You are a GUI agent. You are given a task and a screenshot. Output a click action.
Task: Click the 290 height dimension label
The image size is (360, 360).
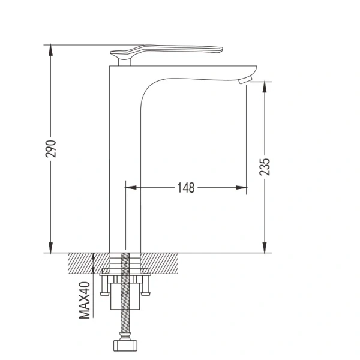50,149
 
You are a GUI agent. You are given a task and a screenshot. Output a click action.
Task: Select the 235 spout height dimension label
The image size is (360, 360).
265,167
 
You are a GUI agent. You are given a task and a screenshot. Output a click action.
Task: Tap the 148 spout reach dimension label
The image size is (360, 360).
186,188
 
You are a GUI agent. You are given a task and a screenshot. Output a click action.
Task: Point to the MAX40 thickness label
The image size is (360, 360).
84,301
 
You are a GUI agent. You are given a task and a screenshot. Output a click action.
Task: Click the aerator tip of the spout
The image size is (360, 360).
245,80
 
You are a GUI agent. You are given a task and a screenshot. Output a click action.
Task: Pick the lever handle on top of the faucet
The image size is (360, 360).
166,51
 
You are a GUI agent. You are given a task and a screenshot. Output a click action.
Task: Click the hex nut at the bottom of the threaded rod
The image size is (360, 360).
125,346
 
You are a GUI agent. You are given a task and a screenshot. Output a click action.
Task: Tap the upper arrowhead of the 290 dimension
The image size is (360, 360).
50,50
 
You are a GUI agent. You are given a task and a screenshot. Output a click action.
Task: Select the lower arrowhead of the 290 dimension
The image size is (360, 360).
50,247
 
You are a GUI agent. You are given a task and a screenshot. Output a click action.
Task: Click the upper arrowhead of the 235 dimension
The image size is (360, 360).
265,87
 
